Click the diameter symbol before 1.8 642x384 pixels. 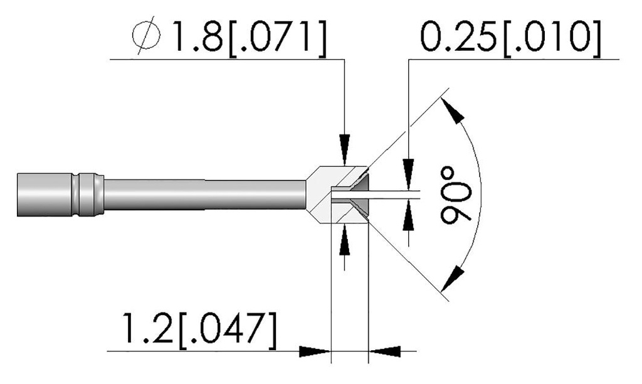click(x=146, y=35)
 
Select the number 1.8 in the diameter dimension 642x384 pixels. click(x=197, y=36)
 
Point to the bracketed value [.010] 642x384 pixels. click(x=550, y=36)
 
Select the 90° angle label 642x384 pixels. click(x=456, y=195)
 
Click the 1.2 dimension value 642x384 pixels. click(x=146, y=328)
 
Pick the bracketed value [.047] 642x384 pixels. click(x=227, y=329)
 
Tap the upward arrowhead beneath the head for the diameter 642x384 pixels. click(x=345, y=240)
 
